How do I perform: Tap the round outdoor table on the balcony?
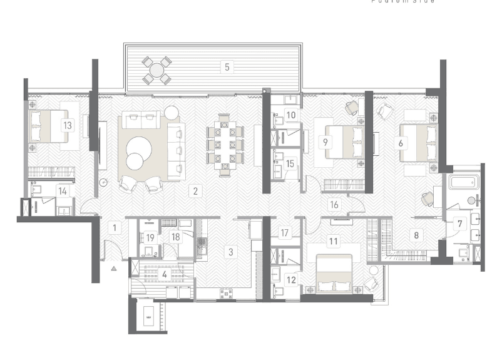(156, 70)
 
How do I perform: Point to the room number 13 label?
(67, 125)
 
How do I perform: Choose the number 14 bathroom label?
(63, 191)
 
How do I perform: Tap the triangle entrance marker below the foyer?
(114, 267)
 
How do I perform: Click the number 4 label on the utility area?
(165, 274)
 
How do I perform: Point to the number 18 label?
(176, 237)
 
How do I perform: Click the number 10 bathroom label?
(290, 114)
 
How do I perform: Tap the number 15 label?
(289, 163)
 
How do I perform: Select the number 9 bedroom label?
(325, 142)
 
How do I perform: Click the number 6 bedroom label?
(401, 142)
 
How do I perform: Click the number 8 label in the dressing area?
(416, 236)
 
